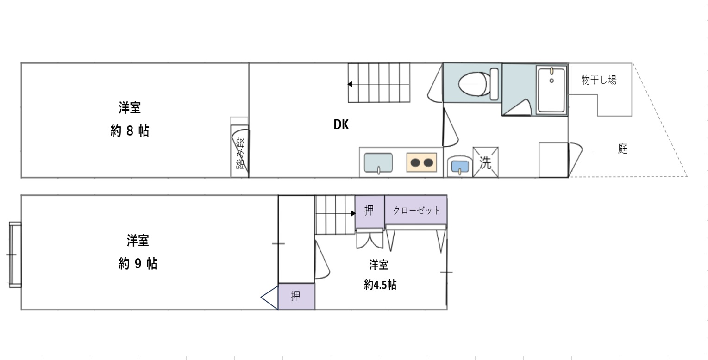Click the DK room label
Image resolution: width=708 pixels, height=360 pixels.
[x=341, y=124]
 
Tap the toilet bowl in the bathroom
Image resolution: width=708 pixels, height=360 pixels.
[x=478, y=84]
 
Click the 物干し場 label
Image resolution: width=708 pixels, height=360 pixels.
[x=599, y=80]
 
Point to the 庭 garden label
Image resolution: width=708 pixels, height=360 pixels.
[x=622, y=148]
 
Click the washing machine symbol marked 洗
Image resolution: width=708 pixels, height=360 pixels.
[x=485, y=162]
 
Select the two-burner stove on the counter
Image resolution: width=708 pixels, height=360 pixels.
[x=422, y=162]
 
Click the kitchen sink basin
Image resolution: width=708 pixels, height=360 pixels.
[x=378, y=163]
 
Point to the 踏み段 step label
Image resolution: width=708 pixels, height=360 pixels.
[x=240, y=154]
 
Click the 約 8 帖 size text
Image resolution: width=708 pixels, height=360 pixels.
[x=130, y=130]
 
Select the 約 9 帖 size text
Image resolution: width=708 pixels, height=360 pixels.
[x=138, y=263]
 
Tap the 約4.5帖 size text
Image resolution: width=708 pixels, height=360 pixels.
[x=380, y=285]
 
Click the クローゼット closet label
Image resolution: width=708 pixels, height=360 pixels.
[x=416, y=211]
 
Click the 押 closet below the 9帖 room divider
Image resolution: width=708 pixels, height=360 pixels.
[x=296, y=296]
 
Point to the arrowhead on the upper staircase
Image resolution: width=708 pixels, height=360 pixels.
[x=350, y=84]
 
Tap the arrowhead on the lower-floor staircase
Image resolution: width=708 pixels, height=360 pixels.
[x=353, y=213]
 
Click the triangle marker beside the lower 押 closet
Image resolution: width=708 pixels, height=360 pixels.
[x=269, y=298]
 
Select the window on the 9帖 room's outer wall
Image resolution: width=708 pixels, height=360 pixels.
[x=15, y=254]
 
